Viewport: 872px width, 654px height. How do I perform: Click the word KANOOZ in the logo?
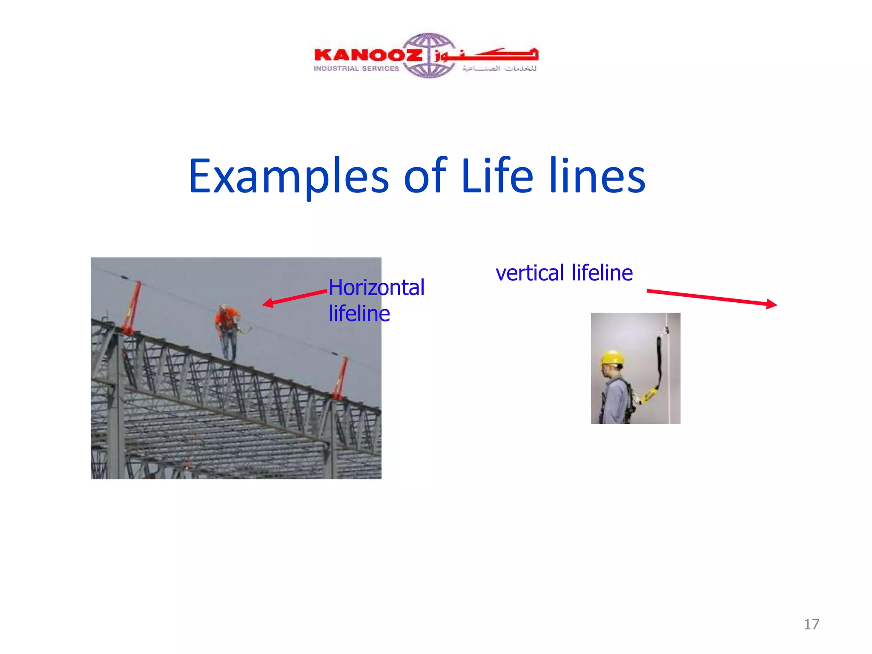pyautogui.click(x=367, y=55)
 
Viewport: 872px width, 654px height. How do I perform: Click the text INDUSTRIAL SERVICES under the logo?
pyautogui.click(x=356, y=69)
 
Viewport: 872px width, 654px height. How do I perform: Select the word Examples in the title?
pyautogui.click(x=288, y=176)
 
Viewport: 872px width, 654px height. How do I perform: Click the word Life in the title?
pyautogui.click(x=496, y=176)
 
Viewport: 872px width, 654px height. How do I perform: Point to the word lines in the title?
pyautogui.click(x=597, y=176)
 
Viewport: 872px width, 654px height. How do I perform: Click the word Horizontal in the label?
pyautogui.click(x=376, y=287)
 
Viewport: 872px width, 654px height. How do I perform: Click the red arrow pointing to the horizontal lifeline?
pyautogui.click(x=294, y=297)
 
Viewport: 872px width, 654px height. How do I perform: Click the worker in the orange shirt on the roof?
pyautogui.click(x=227, y=330)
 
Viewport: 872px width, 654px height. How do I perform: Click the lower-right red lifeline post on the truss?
pyautogui.click(x=340, y=378)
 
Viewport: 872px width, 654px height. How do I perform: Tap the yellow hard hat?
pyautogui.click(x=612, y=357)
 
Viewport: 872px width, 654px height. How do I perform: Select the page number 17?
pyautogui.click(x=811, y=624)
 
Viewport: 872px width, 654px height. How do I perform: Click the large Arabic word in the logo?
pyautogui.click(x=490, y=54)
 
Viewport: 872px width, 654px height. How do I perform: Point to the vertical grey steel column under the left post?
pyautogui.click(x=117, y=404)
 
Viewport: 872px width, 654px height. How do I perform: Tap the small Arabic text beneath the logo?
pyautogui.click(x=499, y=69)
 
